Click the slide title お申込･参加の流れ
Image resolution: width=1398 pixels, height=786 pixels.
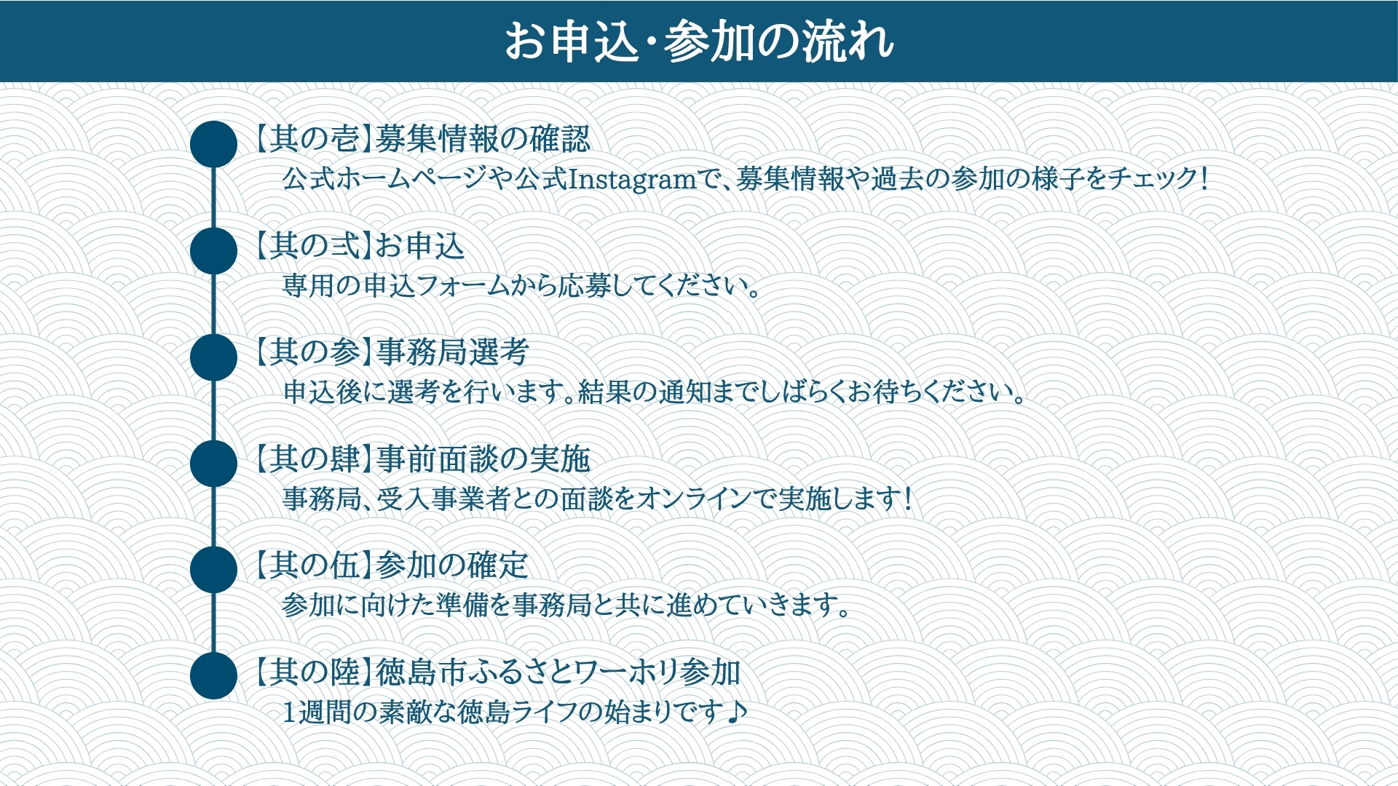pyautogui.click(x=699, y=41)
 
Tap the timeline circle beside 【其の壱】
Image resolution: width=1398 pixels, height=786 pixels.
pyautogui.click(x=213, y=144)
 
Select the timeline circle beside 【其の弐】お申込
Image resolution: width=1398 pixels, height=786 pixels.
pyautogui.click(x=213, y=250)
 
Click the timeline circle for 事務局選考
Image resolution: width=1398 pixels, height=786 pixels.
pyautogui.click(x=213, y=357)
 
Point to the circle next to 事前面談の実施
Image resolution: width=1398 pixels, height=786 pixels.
pyautogui.click(x=213, y=464)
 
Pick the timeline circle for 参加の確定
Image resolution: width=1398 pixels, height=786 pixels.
pyautogui.click(x=213, y=570)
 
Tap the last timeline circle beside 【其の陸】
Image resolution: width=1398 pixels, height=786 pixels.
pyautogui.click(x=213, y=676)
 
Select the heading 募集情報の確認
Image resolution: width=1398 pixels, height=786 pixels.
pyautogui.click(x=483, y=139)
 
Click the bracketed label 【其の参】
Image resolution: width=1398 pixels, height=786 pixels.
pyautogui.click(x=313, y=352)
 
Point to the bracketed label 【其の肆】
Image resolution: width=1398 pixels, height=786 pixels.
pyautogui.click(x=313, y=458)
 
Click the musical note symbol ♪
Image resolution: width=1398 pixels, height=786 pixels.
pyautogui.click(x=737, y=711)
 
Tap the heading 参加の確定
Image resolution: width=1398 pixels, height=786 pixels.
pyautogui.click(x=452, y=565)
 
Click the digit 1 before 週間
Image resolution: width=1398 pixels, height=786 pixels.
pyautogui.click(x=289, y=712)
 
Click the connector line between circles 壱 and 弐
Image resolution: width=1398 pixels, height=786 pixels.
pyautogui.click(x=213, y=197)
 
